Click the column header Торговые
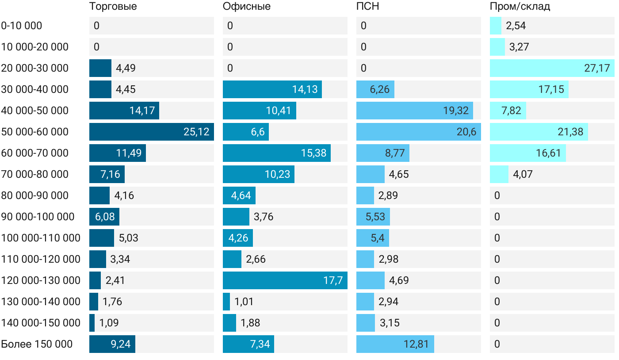tap(113, 7)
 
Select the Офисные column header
tap(247, 7)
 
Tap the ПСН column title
tap(368, 7)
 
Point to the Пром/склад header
tap(520, 7)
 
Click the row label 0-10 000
tap(22, 26)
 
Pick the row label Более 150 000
tap(37, 344)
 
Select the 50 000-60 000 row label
tap(35, 132)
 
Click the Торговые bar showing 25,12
tap(152, 132)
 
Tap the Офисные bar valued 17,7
tap(285, 280)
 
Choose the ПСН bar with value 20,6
tap(419, 132)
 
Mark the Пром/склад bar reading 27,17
tap(552, 68)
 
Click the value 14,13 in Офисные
tap(305, 89)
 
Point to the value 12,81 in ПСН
tap(416, 344)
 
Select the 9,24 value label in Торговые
tap(121, 344)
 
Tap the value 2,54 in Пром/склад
tap(516, 26)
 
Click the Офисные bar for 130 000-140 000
tap(226, 302)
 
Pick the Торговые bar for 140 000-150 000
tap(92, 323)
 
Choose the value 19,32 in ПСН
tap(456, 111)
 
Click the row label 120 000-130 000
tap(41, 280)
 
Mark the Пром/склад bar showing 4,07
tap(499, 174)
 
